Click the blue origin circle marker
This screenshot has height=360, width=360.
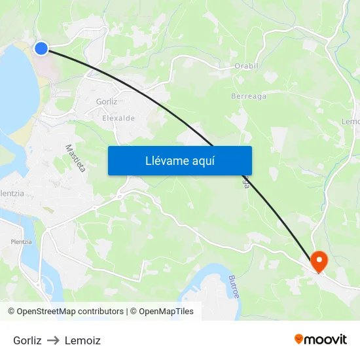click(41, 48)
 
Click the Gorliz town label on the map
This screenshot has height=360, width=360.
click(106, 101)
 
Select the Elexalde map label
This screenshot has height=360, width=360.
click(118, 118)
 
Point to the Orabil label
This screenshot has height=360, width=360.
click(247, 66)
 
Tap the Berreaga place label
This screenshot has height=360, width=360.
click(249, 96)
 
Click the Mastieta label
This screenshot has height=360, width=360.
click(75, 158)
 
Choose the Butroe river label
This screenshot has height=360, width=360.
click(234, 287)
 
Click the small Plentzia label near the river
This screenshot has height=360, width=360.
click(21, 242)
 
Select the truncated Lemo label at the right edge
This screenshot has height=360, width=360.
click(351, 122)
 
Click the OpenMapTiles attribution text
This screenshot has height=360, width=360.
click(165, 312)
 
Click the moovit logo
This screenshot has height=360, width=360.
click(321, 339)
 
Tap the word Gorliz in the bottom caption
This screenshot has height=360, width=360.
click(27, 340)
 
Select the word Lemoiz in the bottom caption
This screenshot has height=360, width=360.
click(82, 340)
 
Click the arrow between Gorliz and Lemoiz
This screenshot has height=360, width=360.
click(53, 340)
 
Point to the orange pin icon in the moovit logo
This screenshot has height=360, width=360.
click(299, 339)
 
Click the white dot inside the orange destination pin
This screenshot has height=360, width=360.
click(319, 260)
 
